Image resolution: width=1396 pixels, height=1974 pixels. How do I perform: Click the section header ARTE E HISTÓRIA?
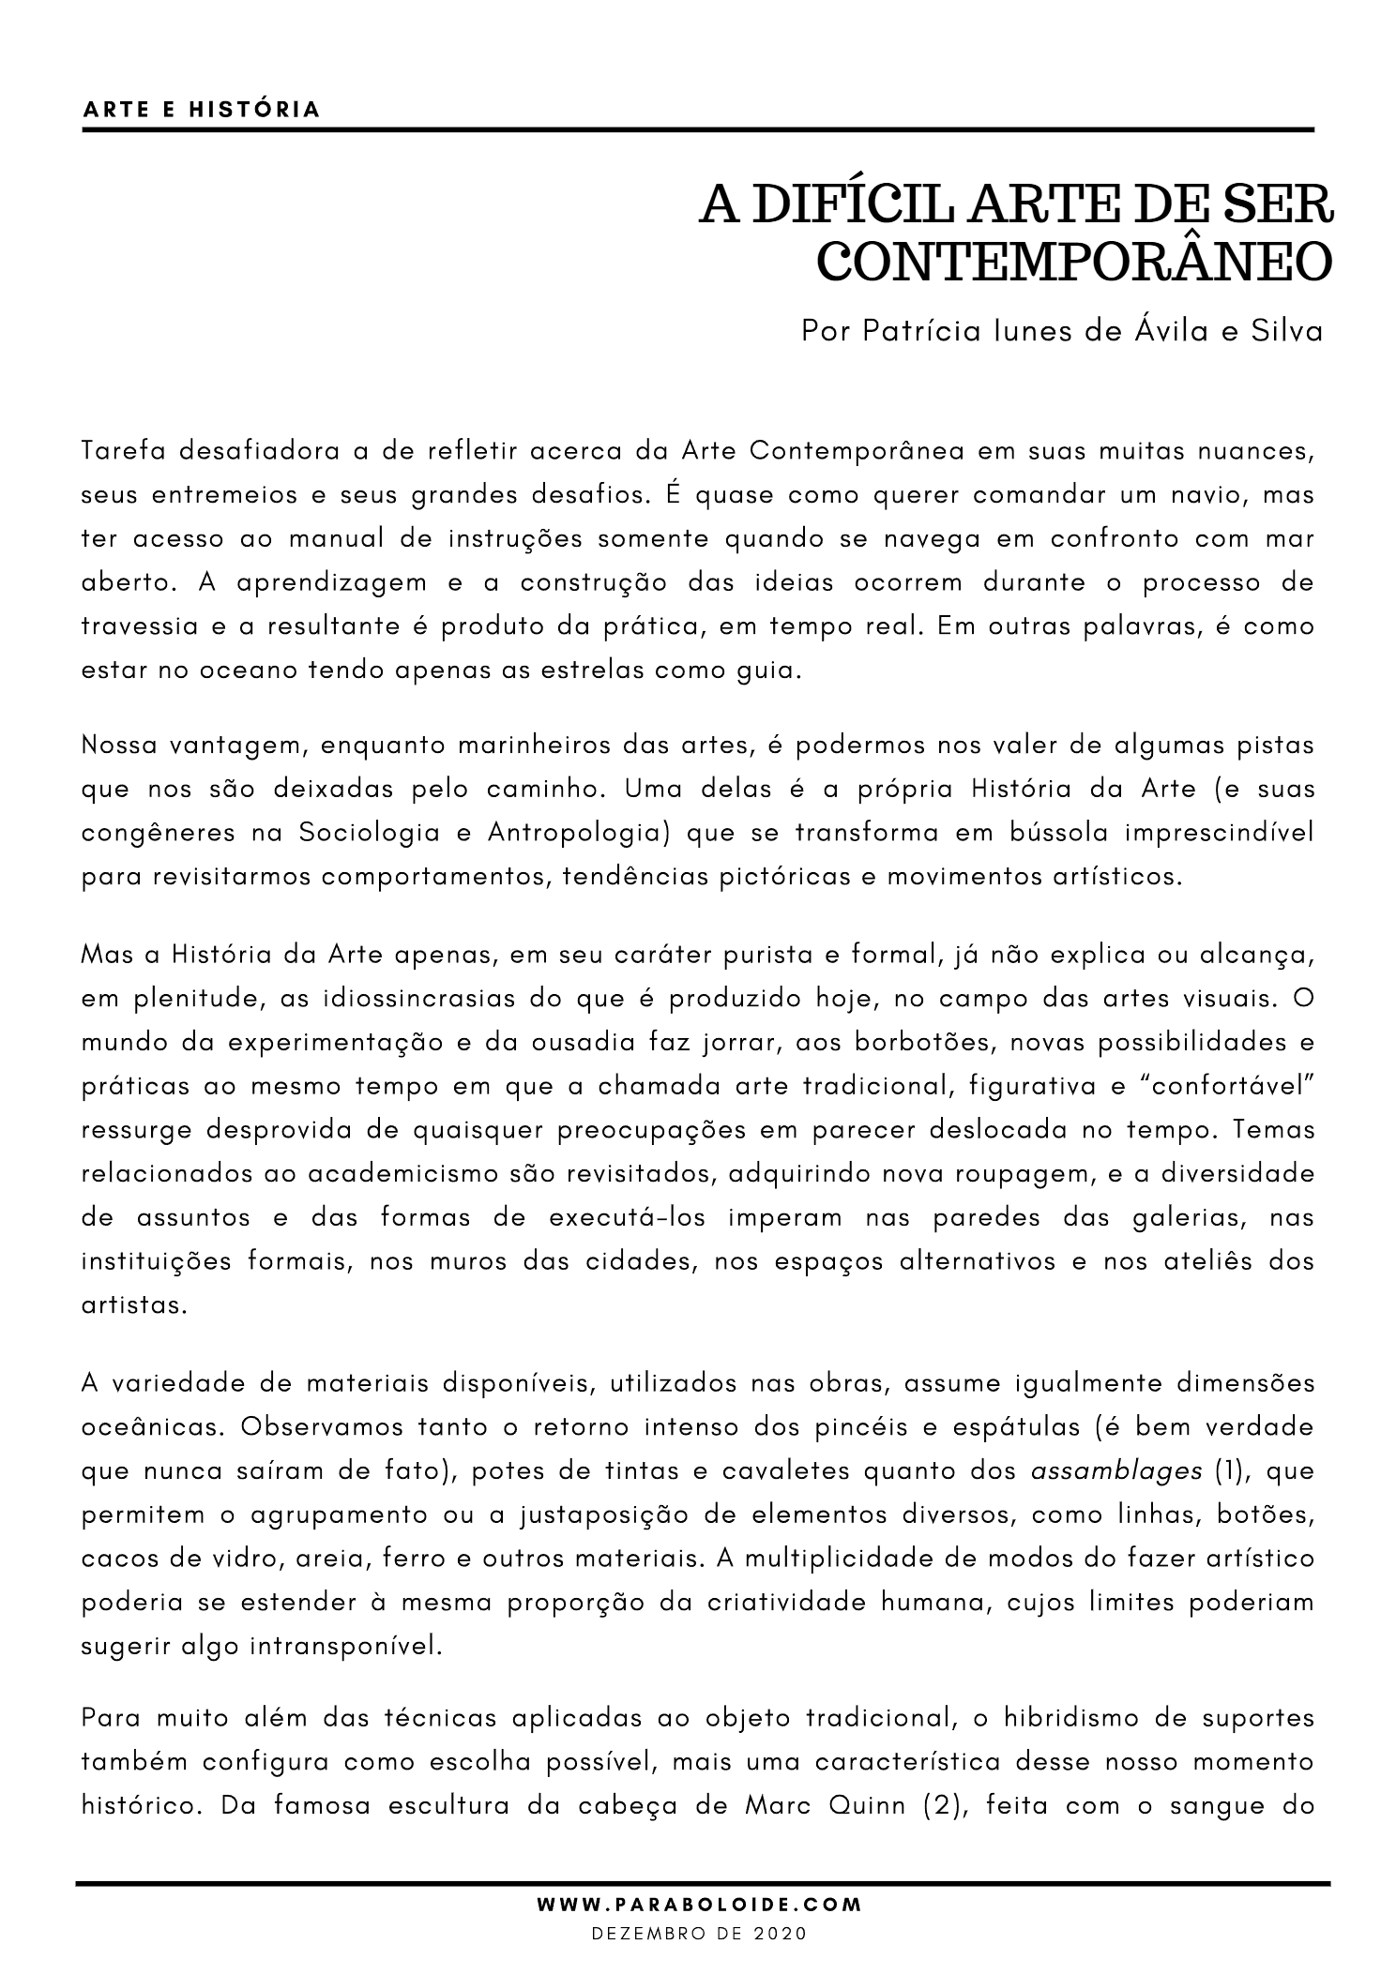[202, 110]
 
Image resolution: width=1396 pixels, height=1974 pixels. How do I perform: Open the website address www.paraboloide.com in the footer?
[699, 1905]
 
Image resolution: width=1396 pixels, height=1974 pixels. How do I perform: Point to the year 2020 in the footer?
[781, 1933]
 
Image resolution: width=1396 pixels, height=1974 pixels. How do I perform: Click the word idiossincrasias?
[406, 999]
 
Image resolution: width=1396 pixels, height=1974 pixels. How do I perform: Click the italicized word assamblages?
[1115, 1470]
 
